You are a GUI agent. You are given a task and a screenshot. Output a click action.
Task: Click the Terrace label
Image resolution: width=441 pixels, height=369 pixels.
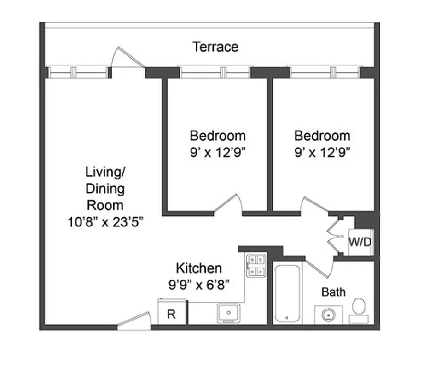(x=215, y=47)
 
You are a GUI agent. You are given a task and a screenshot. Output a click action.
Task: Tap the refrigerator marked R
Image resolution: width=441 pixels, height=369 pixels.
(x=171, y=313)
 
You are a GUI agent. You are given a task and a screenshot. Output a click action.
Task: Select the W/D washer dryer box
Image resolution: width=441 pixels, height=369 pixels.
(x=360, y=242)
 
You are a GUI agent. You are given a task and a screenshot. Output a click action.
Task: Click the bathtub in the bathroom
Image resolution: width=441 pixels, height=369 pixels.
(x=288, y=293)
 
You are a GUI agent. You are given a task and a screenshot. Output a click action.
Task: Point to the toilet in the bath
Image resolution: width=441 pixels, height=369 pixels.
(x=359, y=310)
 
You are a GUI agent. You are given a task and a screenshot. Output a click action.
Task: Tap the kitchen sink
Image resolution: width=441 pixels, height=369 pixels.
(x=228, y=313)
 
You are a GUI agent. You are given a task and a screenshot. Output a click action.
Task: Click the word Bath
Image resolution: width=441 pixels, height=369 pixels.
(x=333, y=292)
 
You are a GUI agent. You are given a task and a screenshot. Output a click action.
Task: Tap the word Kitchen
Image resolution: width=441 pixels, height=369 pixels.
(x=199, y=268)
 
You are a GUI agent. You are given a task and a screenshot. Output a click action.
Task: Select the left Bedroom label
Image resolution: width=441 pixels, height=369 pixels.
(x=217, y=136)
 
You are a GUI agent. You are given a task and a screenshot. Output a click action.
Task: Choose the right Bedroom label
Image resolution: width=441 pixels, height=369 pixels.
(x=322, y=136)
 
